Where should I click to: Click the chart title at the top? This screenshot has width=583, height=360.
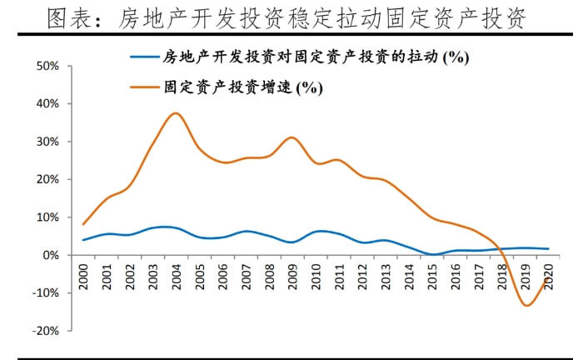(291, 19)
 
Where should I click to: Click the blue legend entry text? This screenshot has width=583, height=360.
(316, 57)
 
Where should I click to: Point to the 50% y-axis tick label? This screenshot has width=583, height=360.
(48, 66)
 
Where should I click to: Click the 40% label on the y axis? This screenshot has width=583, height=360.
(48, 103)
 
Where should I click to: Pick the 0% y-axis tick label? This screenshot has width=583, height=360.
(52, 255)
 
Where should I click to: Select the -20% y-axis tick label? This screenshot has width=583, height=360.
(47, 331)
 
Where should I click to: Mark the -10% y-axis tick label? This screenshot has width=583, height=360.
(47, 292)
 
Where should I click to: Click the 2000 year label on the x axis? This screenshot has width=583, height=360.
(84, 276)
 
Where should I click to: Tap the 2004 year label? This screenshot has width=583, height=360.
(174, 276)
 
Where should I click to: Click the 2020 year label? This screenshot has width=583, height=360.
(547, 276)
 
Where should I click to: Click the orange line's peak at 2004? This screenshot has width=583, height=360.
(175, 113)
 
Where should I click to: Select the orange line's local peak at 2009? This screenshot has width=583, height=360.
(291, 137)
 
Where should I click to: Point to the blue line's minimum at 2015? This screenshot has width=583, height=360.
(433, 254)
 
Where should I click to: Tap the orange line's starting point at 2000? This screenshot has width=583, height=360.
(84, 224)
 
